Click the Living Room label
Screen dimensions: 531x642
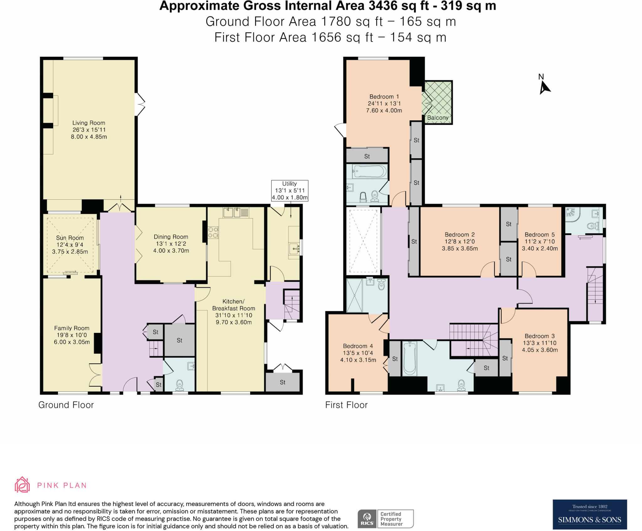coord(89,123)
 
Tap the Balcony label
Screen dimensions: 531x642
coord(438,118)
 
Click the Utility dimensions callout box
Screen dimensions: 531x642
coord(289,191)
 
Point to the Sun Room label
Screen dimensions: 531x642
coord(70,238)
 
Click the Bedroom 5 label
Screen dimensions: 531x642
coord(539,235)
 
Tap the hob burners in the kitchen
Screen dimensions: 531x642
coord(213,233)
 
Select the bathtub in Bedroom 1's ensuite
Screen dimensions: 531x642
coord(370,171)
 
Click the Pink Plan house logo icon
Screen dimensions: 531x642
coord(22,485)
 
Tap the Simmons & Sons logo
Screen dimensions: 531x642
coord(589,514)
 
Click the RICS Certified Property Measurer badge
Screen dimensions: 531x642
coord(386,519)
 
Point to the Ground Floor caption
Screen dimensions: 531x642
coord(66,405)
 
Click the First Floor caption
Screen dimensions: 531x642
coord(346,405)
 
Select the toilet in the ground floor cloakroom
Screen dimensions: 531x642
coord(180,385)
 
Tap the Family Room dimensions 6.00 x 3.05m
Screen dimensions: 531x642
coord(72,342)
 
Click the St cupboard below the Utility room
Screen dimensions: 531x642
coord(282,382)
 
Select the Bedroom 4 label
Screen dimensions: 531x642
coord(358,346)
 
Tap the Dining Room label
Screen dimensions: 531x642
coord(171,237)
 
